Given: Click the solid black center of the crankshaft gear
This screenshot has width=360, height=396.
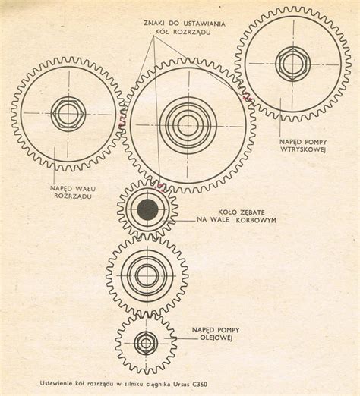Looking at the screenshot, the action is (x=148, y=209).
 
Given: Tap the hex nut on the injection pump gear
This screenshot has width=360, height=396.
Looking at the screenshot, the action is (x=293, y=64).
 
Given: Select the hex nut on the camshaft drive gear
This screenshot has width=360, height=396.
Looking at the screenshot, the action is (x=68, y=113).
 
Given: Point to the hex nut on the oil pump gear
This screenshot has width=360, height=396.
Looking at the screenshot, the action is (x=146, y=343).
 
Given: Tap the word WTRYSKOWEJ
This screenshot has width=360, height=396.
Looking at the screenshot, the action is (x=303, y=149).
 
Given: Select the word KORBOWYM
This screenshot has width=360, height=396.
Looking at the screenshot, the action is (x=256, y=220).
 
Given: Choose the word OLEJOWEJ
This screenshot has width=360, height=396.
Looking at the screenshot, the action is (x=216, y=338).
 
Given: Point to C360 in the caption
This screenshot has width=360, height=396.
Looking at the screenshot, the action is (x=200, y=385).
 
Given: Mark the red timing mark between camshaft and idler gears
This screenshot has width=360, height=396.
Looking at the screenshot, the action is (x=122, y=122).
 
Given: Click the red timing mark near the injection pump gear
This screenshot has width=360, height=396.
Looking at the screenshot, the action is (x=248, y=97).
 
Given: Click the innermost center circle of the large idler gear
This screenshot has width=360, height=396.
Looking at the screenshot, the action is (x=188, y=125).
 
